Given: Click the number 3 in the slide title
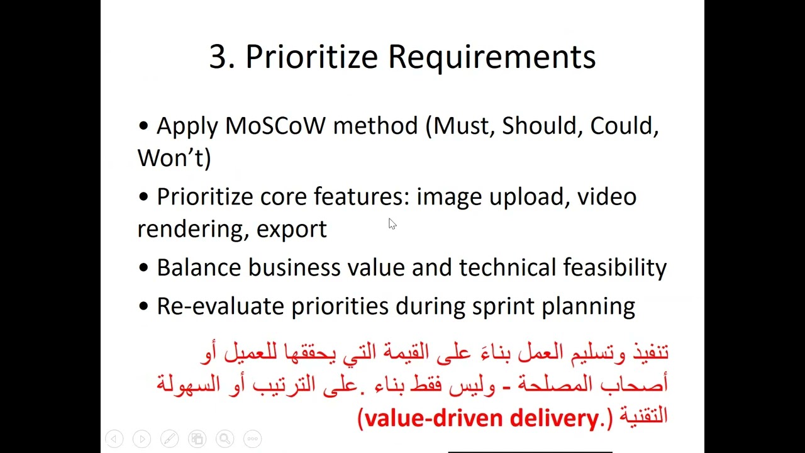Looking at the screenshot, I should (218, 57).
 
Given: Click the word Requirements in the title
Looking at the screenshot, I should (491, 57).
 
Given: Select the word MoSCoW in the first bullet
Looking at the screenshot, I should (275, 126).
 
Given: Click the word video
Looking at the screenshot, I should (606, 197).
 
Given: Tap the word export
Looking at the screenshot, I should (291, 229).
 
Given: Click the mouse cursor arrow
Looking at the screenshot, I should (392, 224).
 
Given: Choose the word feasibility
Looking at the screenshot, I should (614, 267).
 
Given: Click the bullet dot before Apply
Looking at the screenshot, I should (144, 126).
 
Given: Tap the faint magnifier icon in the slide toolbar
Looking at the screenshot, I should (225, 439).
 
